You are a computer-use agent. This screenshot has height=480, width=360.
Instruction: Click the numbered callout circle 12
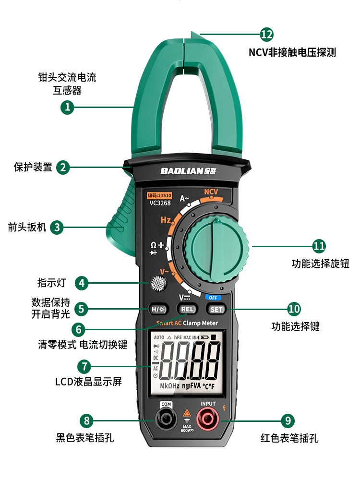click(x=266, y=34)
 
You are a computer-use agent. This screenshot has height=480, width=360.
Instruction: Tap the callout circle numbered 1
click(x=67, y=107)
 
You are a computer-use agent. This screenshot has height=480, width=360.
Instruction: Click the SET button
click(x=217, y=309)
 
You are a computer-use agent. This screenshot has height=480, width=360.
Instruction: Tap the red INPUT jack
click(x=208, y=420)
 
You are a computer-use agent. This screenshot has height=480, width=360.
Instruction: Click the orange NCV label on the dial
click(x=211, y=192)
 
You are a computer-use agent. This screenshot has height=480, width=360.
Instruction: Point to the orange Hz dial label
click(x=166, y=220)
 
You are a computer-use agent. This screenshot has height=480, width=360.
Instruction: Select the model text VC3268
click(x=159, y=203)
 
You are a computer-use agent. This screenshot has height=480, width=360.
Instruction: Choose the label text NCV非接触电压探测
click(x=292, y=53)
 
